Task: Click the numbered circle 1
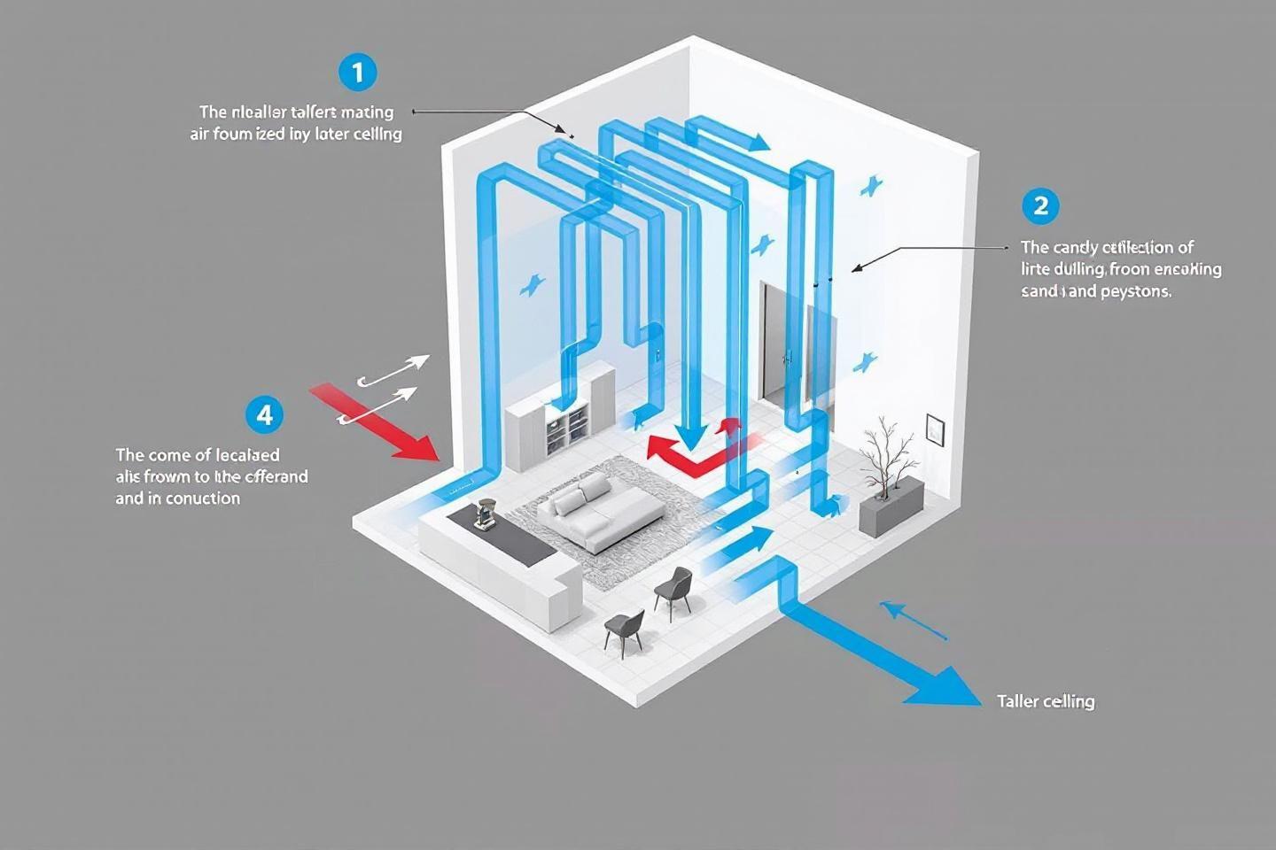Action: coord(357,72)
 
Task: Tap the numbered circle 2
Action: coord(1040,206)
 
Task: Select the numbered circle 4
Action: coord(263,414)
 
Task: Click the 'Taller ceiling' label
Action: coord(1046,701)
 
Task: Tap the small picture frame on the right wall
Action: coord(933,428)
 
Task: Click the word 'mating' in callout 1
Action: coord(367,112)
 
